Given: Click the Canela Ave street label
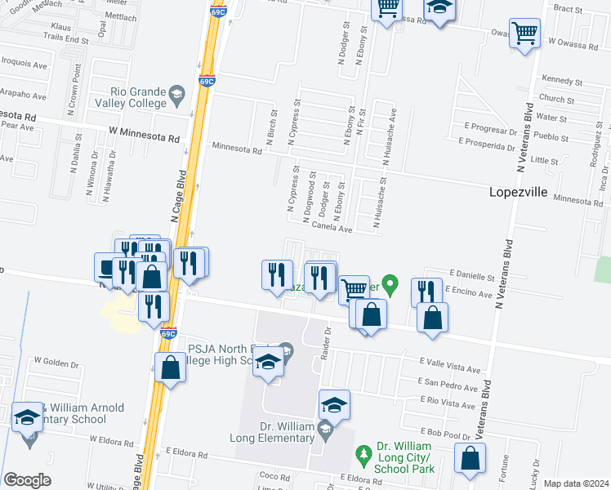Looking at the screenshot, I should pyautogui.click(x=332, y=229).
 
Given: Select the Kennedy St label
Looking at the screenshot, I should pyautogui.click(x=561, y=82).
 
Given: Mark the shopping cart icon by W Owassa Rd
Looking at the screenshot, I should pyautogui.click(x=524, y=34).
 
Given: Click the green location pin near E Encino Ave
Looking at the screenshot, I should pyautogui.click(x=390, y=286).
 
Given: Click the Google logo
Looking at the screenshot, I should pyautogui.click(x=27, y=480).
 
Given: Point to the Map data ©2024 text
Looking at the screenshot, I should pyautogui.click(x=576, y=483).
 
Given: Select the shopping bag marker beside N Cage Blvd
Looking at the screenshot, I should pyautogui.click(x=170, y=367).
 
